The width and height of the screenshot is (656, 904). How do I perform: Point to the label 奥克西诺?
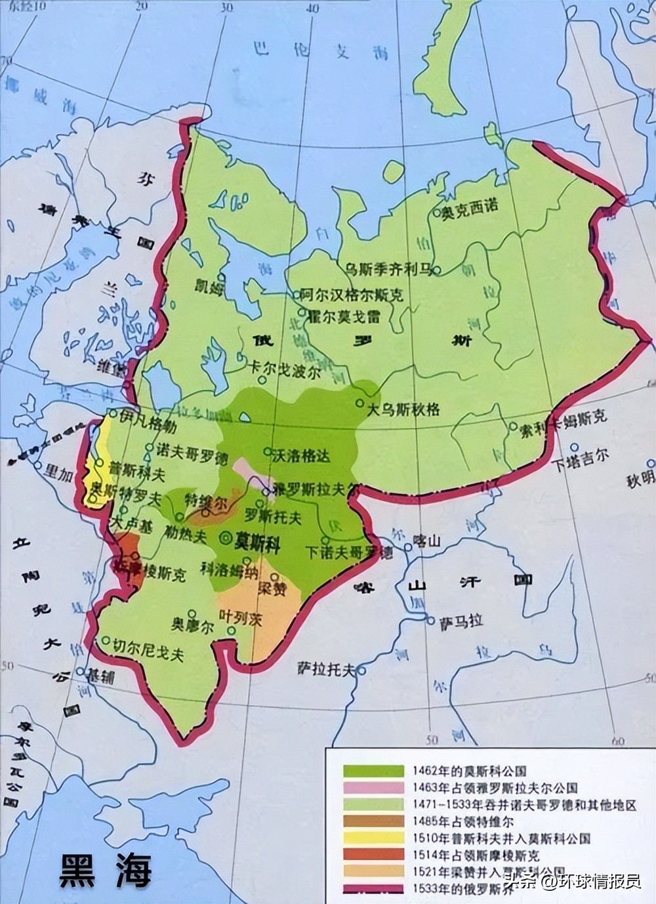470,205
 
